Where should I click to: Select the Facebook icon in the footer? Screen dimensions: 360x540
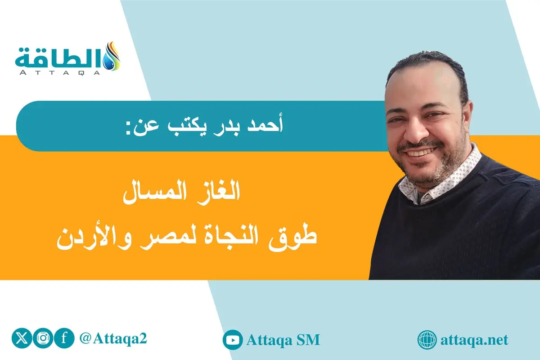[x=64, y=339]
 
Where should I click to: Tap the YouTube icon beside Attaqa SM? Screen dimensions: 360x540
[x=233, y=340]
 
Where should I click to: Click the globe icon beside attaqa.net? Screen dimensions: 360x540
[x=427, y=340]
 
